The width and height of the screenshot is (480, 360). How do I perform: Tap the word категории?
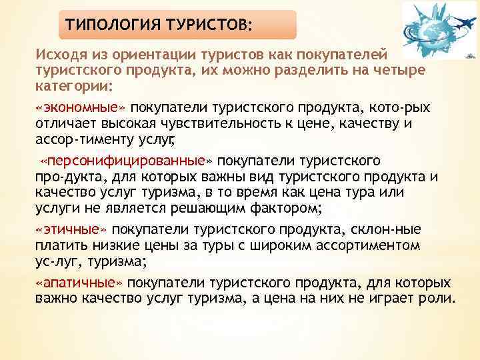click(x=75, y=87)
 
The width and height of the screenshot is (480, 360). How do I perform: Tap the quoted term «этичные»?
click(x=71, y=229)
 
